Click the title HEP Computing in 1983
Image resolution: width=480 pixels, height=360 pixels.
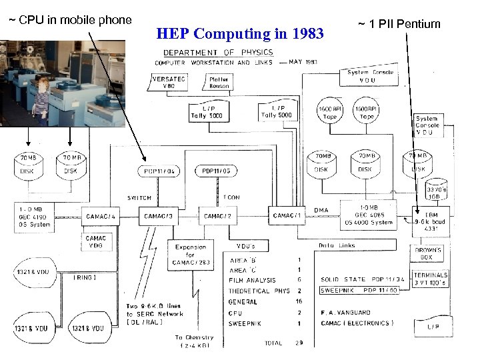(239, 33)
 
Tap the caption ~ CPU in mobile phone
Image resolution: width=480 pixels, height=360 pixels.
(69, 20)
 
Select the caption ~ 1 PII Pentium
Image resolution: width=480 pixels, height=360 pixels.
(399, 25)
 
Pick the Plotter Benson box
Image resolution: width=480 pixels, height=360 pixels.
(219, 83)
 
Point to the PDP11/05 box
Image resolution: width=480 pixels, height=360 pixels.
(215, 171)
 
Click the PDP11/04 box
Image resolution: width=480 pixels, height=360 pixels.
(161, 171)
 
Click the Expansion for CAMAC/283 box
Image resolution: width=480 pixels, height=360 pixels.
(191, 255)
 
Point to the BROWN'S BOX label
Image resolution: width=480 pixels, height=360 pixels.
(429, 253)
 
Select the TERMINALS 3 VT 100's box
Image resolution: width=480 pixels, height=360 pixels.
(430, 279)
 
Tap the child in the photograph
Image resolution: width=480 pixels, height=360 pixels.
(41, 100)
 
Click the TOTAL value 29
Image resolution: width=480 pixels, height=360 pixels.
(300, 343)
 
